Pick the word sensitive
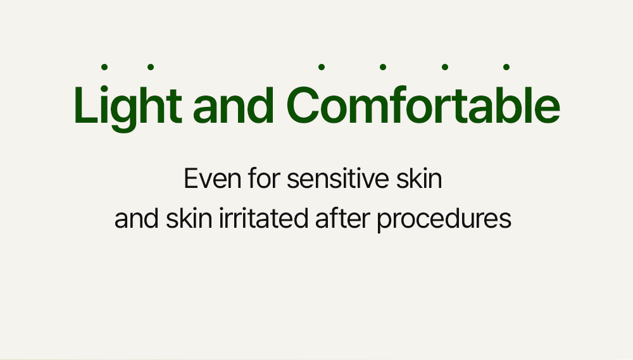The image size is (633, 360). pyautogui.click(x=337, y=178)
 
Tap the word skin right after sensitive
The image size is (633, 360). pyautogui.click(x=419, y=178)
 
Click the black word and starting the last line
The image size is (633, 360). pyautogui.click(x=137, y=218)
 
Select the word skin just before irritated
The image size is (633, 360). pyautogui.click(x=189, y=218)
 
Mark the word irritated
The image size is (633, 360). pyautogui.click(x=263, y=218)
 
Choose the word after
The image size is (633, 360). pyautogui.click(x=342, y=218)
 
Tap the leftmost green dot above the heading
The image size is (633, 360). pyautogui.click(x=104, y=67)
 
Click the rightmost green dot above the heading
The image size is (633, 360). pyautogui.click(x=506, y=67)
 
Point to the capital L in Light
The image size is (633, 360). pyautogui.click(x=85, y=105)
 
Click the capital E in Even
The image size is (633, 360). pyautogui.click(x=191, y=178)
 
